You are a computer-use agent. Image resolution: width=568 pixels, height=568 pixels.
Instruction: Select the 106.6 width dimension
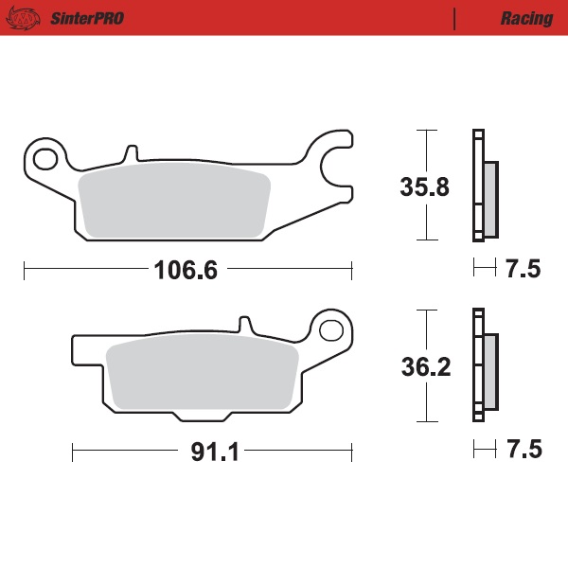click(186, 271)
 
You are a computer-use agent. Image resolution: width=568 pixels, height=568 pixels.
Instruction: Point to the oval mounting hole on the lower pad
click(331, 330)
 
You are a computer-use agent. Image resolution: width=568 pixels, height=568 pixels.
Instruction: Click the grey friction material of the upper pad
click(174, 203)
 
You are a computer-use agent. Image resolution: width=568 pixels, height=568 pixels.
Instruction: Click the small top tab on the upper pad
click(131, 151)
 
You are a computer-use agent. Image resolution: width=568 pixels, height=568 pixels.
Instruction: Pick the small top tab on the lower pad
click(244, 326)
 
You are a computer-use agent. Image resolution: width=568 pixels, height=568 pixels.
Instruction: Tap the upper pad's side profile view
click(484, 185)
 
